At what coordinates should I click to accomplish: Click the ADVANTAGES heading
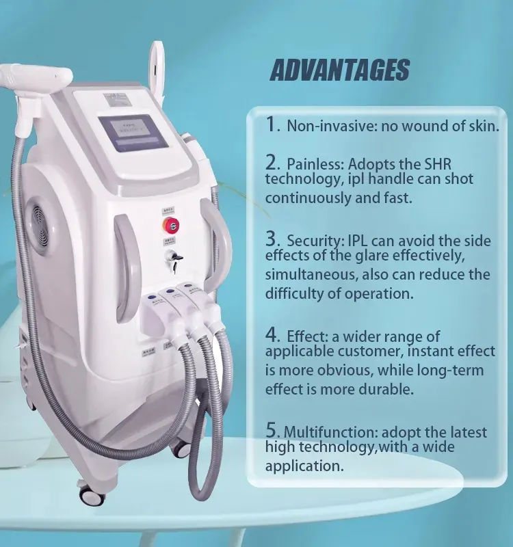(x=339, y=70)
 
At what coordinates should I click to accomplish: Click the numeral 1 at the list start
(x=272, y=124)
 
